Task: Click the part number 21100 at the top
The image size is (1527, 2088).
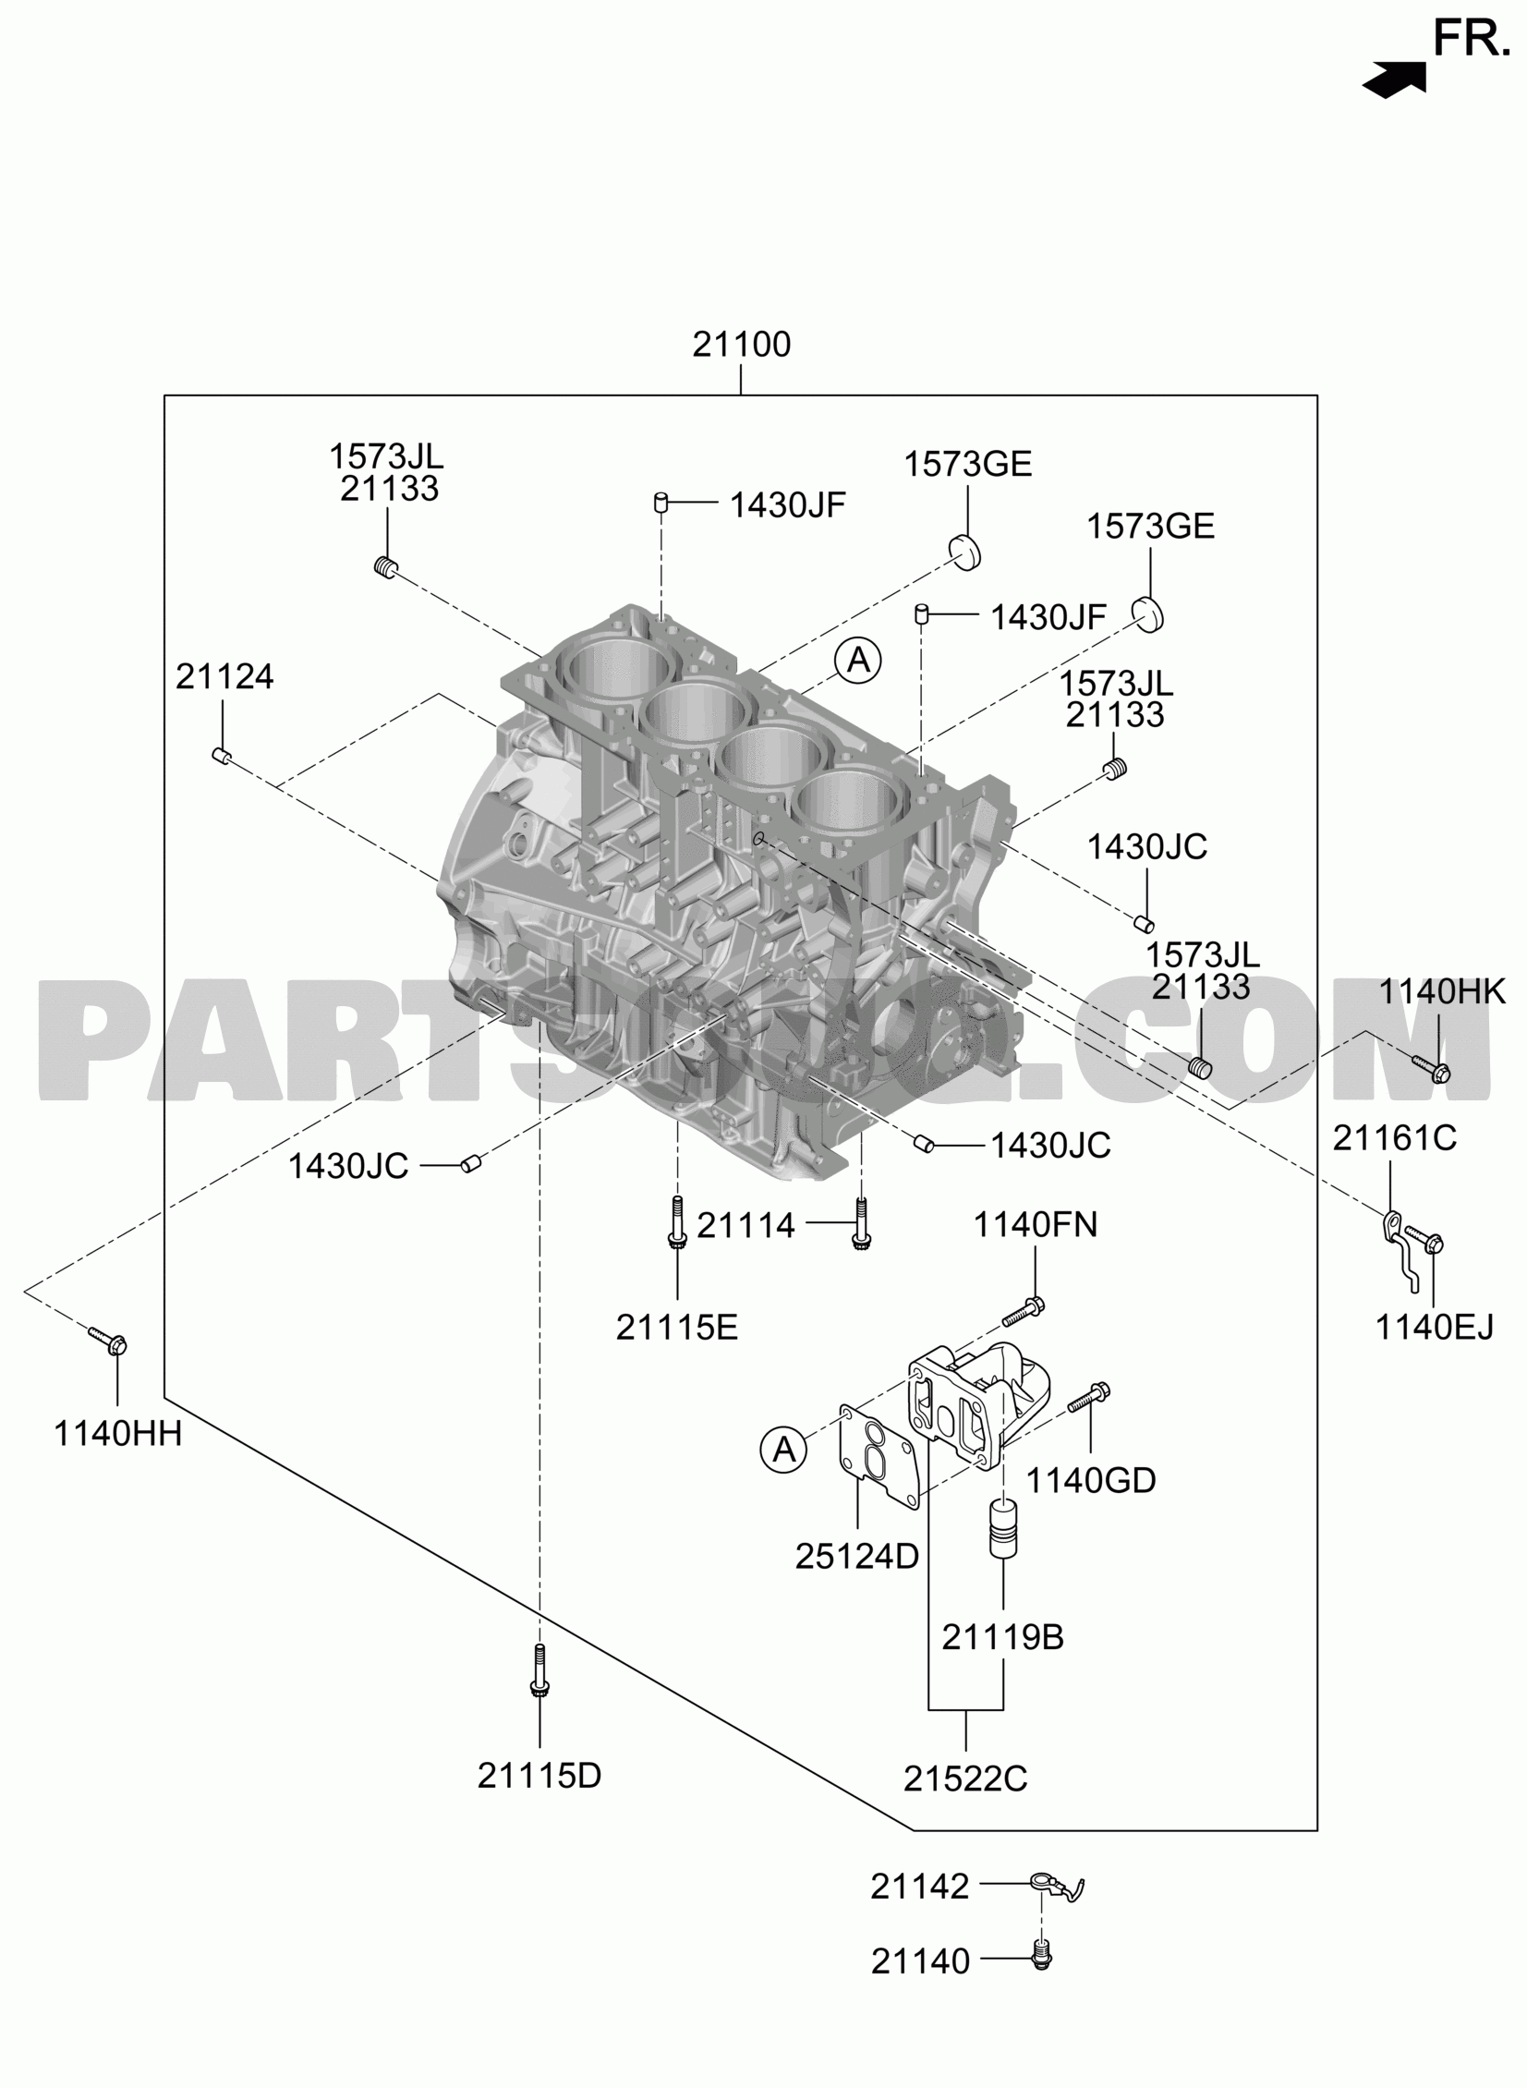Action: [741, 345]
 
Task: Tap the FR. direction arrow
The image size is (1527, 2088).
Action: [1394, 79]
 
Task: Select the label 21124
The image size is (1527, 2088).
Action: [224, 676]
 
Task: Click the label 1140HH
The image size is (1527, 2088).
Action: [117, 1434]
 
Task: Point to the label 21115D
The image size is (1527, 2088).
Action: [539, 1776]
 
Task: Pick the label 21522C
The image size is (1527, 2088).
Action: [965, 1779]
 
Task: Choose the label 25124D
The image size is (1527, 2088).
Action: [857, 1557]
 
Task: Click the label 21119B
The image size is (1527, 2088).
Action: [1003, 1638]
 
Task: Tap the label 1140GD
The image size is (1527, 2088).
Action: [1091, 1481]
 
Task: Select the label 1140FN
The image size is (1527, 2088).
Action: [1036, 1225]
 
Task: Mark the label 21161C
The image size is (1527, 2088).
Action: [1394, 1138]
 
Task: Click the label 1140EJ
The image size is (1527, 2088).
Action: [1435, 1329]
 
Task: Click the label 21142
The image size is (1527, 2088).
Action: [920, 1887]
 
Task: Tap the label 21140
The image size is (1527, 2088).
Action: [920, 1961]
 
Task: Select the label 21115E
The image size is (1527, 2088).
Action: [676, 1329]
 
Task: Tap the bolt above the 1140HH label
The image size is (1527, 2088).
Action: [108, 1341]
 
